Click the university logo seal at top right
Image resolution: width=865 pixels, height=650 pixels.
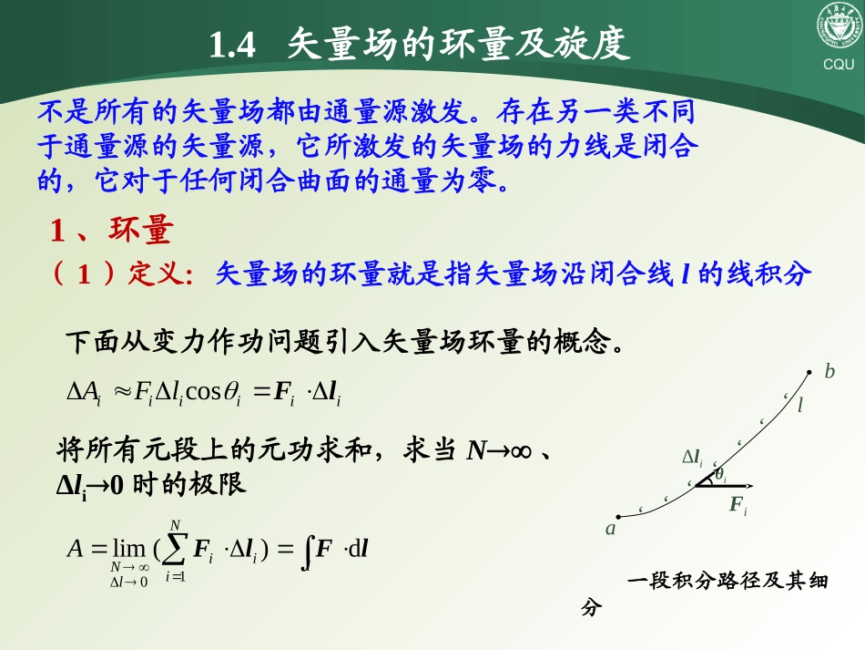pos(838,27)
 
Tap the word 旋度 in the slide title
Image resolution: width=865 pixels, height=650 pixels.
pos(596,45)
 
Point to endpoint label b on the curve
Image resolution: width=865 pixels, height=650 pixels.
pos(829,372)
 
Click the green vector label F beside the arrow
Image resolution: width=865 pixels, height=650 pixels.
pos(737,503)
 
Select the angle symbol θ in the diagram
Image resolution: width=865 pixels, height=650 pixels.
pos(719,474)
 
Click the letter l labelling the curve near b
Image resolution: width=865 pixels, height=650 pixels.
pos(800,406)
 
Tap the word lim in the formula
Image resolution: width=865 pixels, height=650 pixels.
pos(127,549)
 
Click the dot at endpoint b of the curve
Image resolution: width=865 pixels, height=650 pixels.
pos(810,369)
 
